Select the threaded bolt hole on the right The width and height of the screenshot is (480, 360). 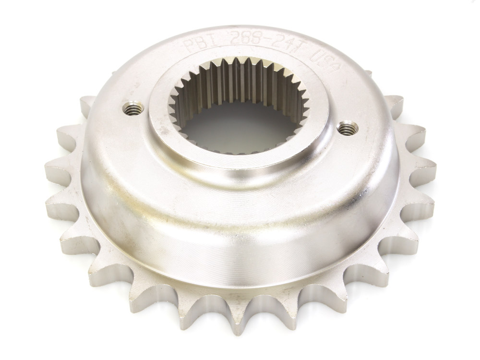coord(348,129)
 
